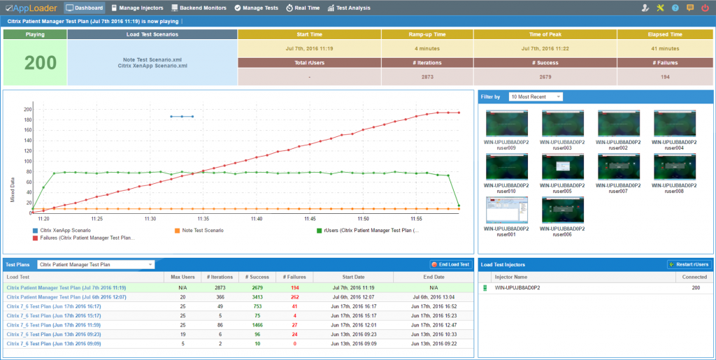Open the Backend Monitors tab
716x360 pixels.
coord(199,8)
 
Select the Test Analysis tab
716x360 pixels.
coord(349,8)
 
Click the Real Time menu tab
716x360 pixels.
coord(303,8)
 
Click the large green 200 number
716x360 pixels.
coord(35,63)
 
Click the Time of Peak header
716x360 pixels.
coord(544,34)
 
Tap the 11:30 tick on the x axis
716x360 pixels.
coord(150,219)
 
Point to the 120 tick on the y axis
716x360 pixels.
coord(28,151)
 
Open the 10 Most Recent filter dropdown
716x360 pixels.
coord(536,96)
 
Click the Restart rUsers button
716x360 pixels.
coord(688,264)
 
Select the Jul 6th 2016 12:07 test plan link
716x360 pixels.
coord(66,296)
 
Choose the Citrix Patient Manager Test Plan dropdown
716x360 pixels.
coord(96,264)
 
